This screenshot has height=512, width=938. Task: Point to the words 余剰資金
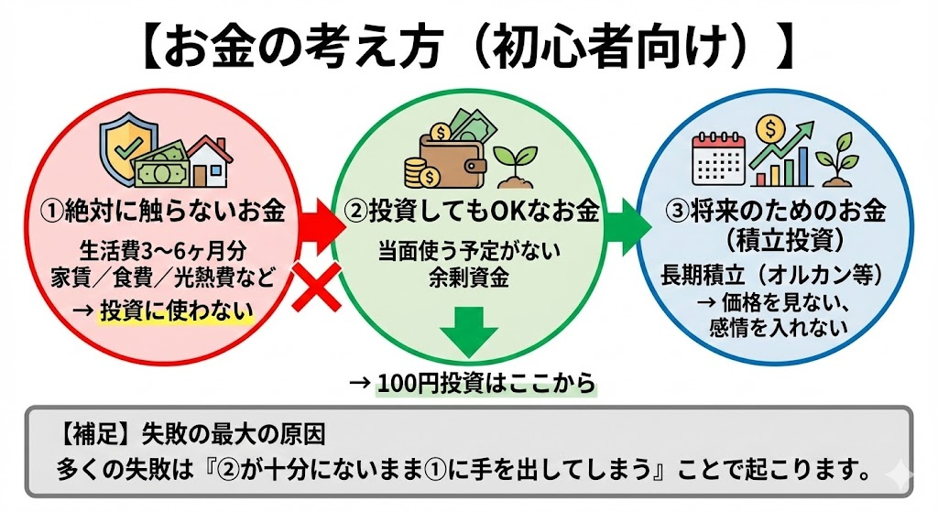pyautogui.click(x=469, y=277)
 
